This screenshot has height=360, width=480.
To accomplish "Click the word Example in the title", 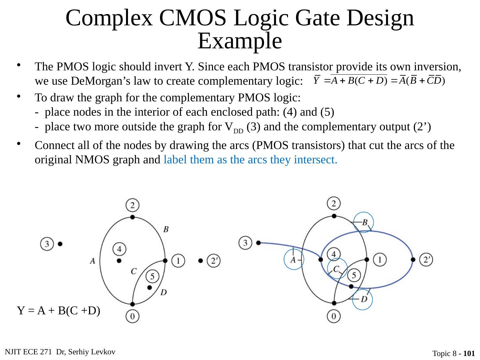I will point(240,41).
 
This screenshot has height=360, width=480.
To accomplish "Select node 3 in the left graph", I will point(47,244).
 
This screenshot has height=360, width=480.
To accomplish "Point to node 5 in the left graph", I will point(152,276).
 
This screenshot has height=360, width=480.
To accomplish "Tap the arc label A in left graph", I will point(93,261).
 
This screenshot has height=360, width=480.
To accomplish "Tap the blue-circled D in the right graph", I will point(364,299).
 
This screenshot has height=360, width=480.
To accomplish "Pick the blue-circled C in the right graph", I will point(337,269).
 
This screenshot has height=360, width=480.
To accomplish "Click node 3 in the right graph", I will point(246,243).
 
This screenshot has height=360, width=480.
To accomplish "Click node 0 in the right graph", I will point(334,316).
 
